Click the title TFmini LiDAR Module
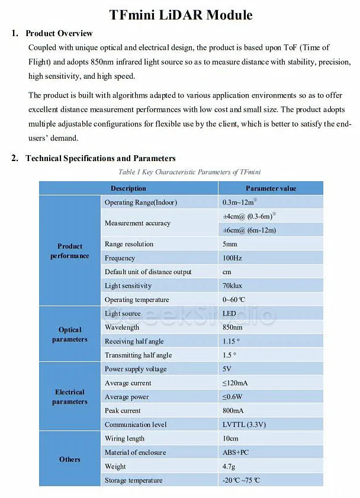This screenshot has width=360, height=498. pyautogui.click(x=181, y=15)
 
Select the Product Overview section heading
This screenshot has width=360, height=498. pyautogui.click(x=59, y=33)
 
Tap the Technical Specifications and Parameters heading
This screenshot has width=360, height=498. pyautogui.click(x=100, y=158)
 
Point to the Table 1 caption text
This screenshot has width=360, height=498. pyautogui.click(x=181, y=172)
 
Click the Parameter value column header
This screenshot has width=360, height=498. pyautogui.click(x=271, y=188)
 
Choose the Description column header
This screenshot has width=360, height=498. pyautogui.click(x=128, y=188)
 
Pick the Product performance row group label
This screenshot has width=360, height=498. pyautogui.click(x=70, y=251)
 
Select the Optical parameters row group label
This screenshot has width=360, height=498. pyautogui.click(x=70, y=335)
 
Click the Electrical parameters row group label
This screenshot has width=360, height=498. pyautogui.click(x=70, y=397)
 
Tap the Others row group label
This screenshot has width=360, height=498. pyautogui.click(x=70, y=459)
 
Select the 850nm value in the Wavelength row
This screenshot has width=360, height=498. pyautogui.click(x=233, y=327)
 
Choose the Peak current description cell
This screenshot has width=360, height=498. pyautogui.click(x=123, y=411)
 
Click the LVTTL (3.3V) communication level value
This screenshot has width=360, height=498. pyautogui.click(x=244, y=425)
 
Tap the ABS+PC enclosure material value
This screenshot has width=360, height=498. pyautogui.click(x=236, y=452)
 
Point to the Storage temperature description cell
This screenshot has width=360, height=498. pyautogui.click(x=133, y=480)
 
